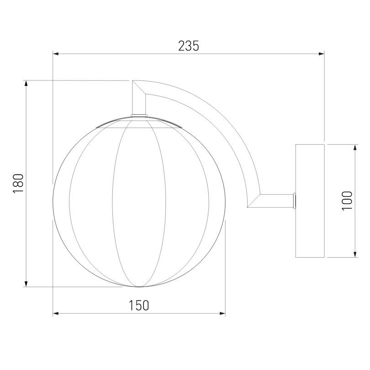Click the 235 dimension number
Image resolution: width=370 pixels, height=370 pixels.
[189, 46]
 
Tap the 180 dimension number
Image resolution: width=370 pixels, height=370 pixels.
[18, 184]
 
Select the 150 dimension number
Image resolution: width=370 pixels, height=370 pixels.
[139, 305]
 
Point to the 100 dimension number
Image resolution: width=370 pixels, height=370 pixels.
[347, 201]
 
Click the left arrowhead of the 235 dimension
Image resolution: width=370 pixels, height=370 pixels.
[56, 54]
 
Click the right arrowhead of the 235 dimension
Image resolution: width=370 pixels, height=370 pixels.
[322, 54]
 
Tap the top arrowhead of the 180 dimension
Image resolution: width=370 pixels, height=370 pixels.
[26, 83]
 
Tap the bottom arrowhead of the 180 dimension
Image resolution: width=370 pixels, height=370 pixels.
[26, 284]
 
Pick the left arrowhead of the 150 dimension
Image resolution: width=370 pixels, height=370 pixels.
[56, 313]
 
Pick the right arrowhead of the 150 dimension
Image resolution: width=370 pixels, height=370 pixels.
[222, 313]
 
